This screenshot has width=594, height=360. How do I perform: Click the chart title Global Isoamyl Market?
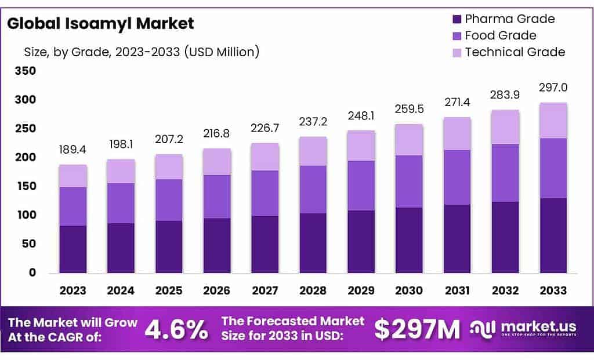click(x=100, y=24)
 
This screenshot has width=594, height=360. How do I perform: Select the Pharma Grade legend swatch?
click(x=455, y=19)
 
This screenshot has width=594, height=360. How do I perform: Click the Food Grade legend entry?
click(x=500, y=36)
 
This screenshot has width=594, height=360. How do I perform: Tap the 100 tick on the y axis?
click(x=27, y=215)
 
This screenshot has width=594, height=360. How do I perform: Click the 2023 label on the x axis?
click(x=73, y=290)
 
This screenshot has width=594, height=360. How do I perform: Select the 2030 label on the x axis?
click(x=410, y=290)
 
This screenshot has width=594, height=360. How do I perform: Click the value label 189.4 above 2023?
click(x=73, y=150)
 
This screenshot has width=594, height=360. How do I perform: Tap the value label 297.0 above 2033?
click(x=553, y=88)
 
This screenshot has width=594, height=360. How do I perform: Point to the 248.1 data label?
click(x=361, y=116)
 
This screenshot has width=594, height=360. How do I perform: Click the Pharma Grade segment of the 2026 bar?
click(x=217, y=245)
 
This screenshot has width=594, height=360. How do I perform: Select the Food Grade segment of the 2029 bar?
click(x=361, y=186)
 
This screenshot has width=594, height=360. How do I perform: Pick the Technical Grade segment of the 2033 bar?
click(x=553, y=121)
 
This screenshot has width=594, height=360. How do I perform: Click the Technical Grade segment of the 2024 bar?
click(x=121, y=171)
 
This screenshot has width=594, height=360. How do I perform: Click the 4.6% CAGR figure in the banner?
click(x=176, y=329)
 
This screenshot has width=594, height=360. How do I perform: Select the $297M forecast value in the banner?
click(x=416, y=329)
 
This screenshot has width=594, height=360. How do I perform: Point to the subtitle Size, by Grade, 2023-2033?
click(x=141, y=52)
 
